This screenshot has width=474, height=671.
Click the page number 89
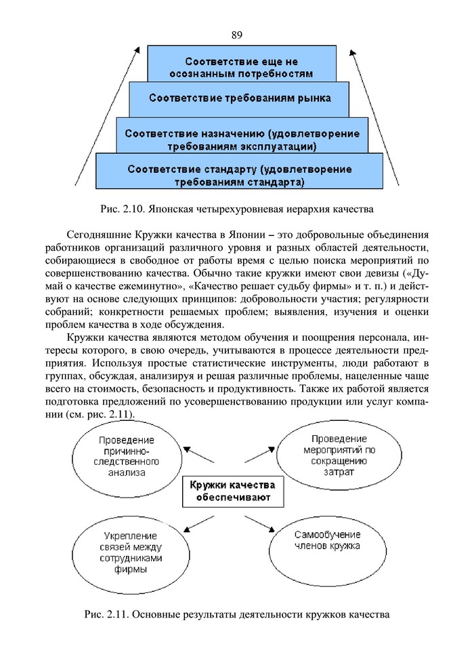point(236,35)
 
